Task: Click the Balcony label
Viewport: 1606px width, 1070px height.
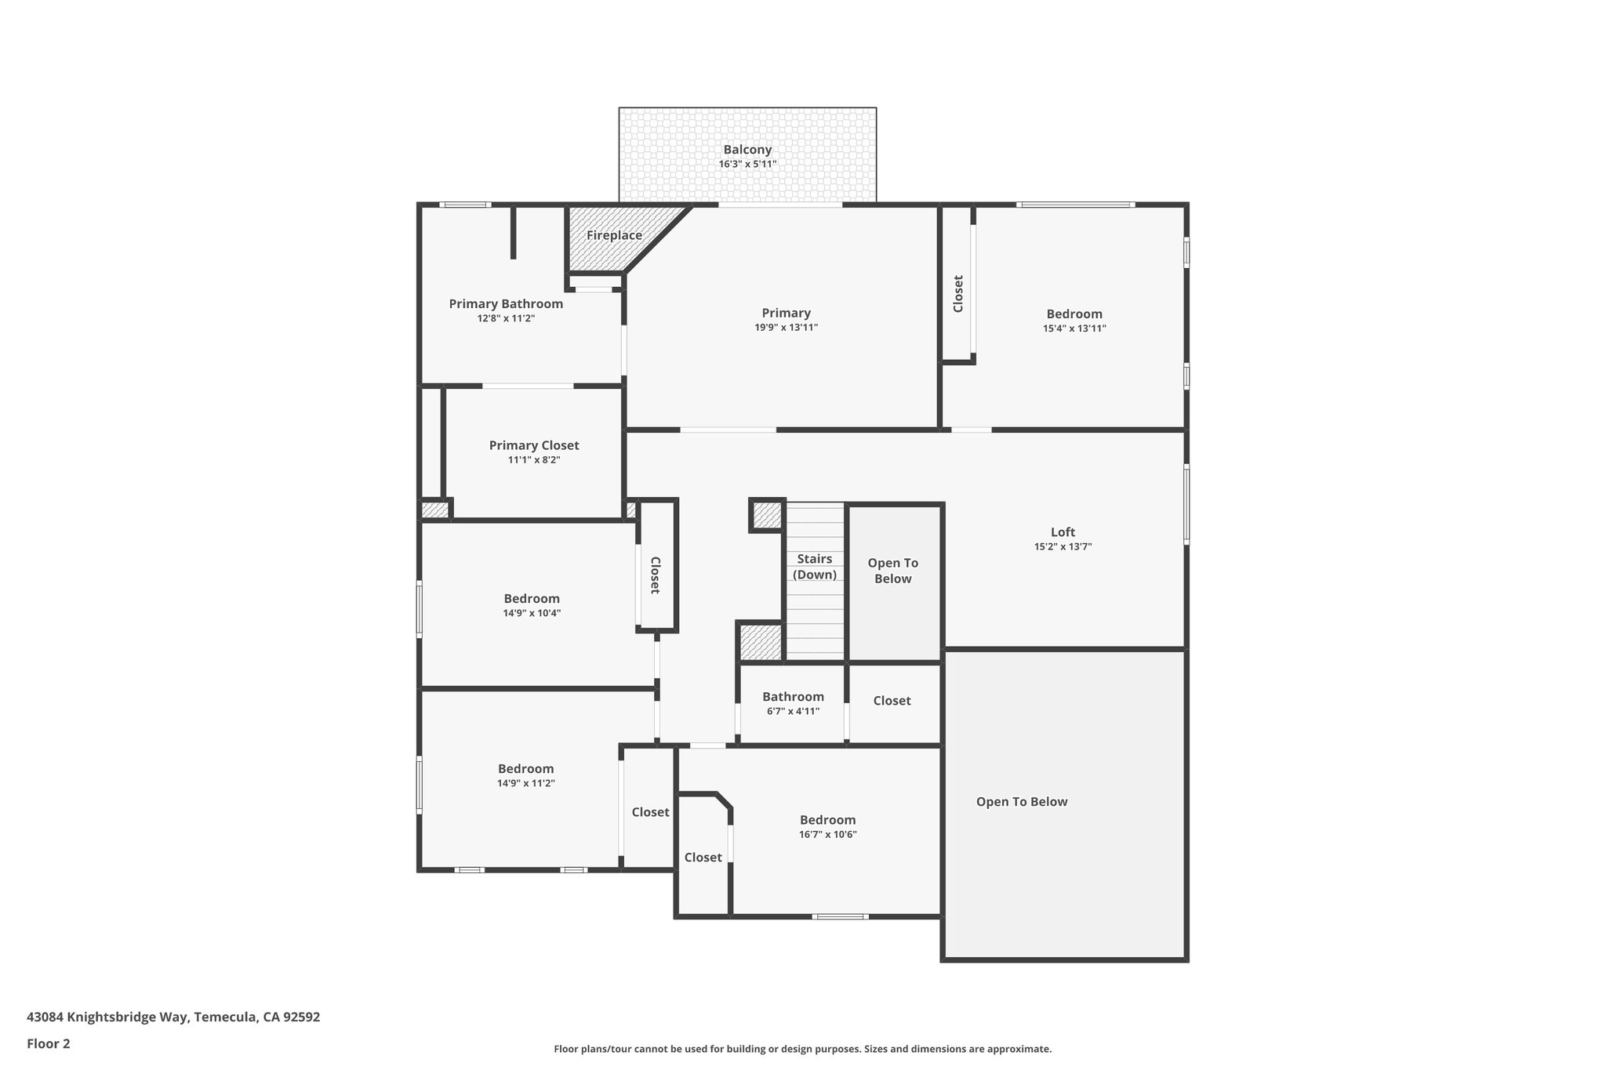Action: [747, 150]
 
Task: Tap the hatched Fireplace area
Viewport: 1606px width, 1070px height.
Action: [614, 235]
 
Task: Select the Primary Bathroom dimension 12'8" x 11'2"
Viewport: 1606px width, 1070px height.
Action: [506, 318]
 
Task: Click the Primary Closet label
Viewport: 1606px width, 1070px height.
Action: [534, 445]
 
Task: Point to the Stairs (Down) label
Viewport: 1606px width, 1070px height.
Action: [814, 566]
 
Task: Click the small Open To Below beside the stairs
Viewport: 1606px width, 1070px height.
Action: [892, 571]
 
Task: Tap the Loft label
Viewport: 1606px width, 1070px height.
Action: [1063, 531]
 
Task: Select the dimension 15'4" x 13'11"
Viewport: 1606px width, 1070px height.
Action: [1074, 328]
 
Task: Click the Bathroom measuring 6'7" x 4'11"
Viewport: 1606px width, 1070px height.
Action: [793, 697]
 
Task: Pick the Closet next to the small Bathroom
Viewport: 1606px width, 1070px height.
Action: [892, 701]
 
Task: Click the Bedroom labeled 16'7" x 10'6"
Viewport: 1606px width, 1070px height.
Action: [827, 820]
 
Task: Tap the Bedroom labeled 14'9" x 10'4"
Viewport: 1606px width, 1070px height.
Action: [532, 599]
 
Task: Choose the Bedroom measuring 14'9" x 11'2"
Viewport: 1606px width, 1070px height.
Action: [525, 769]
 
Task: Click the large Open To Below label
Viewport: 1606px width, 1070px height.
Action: [1021, 801]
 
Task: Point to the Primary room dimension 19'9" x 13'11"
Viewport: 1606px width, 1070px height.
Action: [786, 328]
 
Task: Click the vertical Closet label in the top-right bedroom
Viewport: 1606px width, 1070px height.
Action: [957, 293]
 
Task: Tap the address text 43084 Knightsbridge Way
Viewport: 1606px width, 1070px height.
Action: [173, 1017]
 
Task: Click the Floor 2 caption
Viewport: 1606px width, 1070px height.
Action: [49, 1043]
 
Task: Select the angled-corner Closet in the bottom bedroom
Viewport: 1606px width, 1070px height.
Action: [703, 858]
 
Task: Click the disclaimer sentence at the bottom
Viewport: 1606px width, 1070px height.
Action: [802, 1049]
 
